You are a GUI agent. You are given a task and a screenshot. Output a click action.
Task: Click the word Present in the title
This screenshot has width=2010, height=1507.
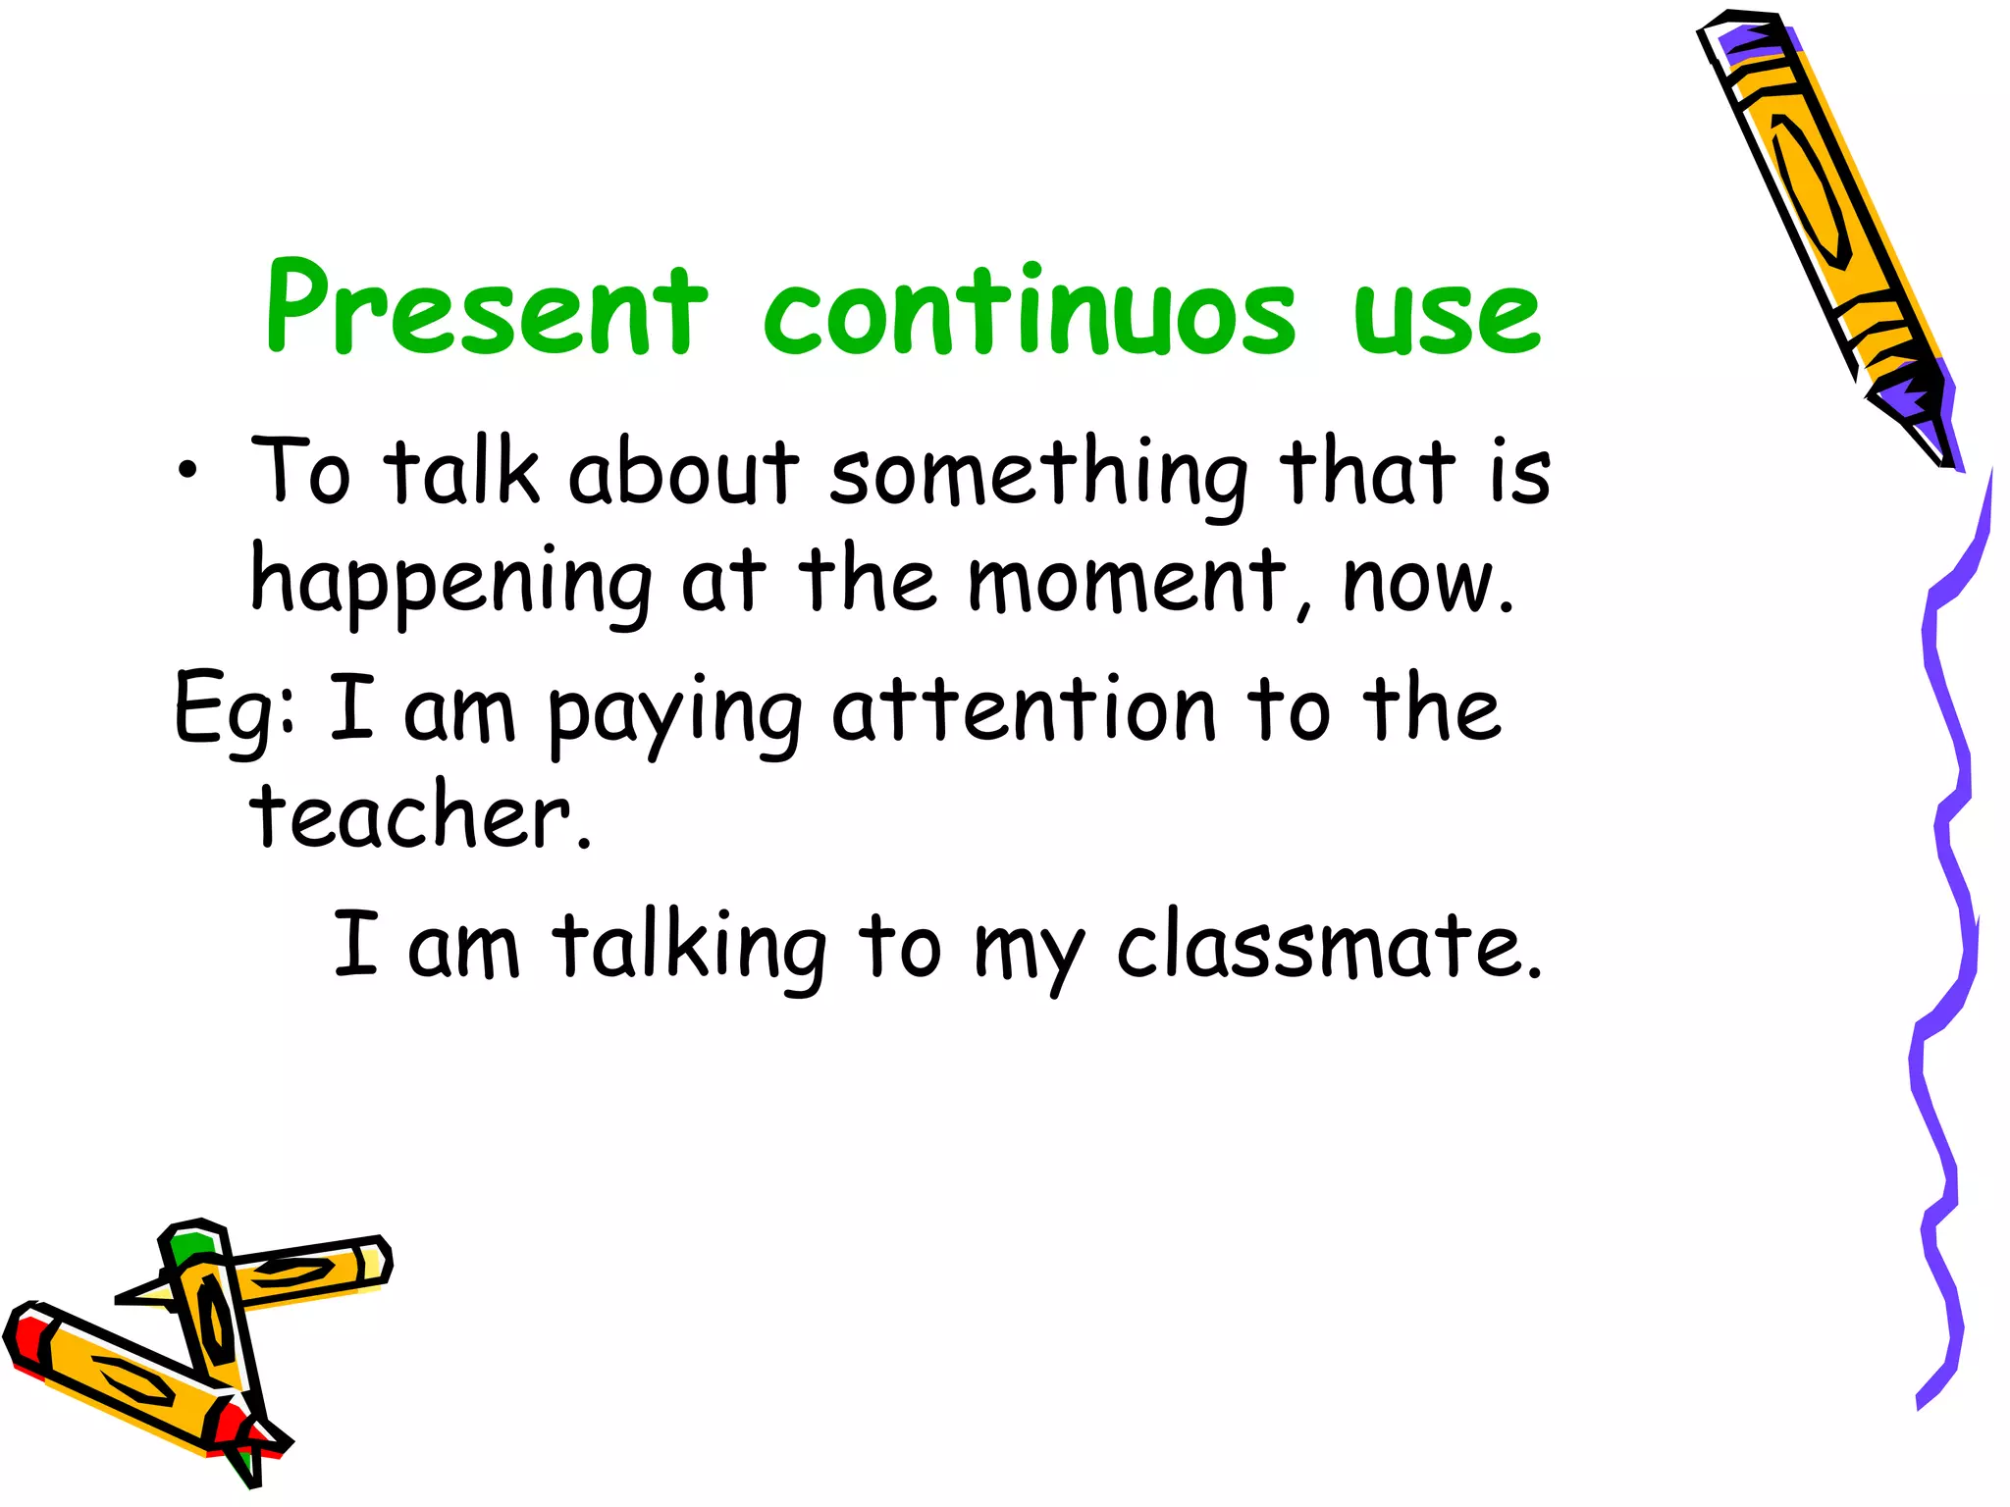(x=486, y=308)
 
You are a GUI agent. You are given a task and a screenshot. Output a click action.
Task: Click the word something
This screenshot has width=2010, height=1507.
(x=1037, y=475)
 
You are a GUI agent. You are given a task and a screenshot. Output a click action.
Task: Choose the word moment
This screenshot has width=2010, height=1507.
(x=1127, y=581)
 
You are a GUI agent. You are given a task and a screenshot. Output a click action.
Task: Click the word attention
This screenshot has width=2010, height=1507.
(x=1025, y=708)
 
